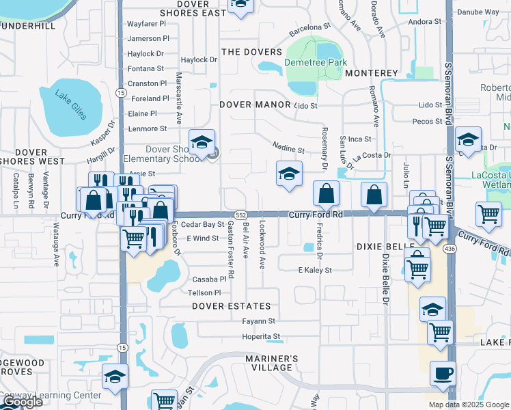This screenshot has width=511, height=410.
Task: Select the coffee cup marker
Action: pyautogui.click(x=443, y=374)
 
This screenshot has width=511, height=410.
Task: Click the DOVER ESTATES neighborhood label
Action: pyautogui.click(x=232, y=307)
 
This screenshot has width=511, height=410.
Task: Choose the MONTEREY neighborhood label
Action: pyautogui.click(x=372, y=73)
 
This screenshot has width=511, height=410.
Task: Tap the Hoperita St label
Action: pyautogui.click(x=261, y=336)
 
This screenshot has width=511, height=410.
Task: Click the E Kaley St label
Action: pyautogui.click(x=315, y=271)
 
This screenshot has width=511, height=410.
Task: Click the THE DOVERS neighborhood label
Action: pyautogui.click(x=251, y=52)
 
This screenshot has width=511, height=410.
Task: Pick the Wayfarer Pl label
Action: pyautogui.click(x=147, y=24)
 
